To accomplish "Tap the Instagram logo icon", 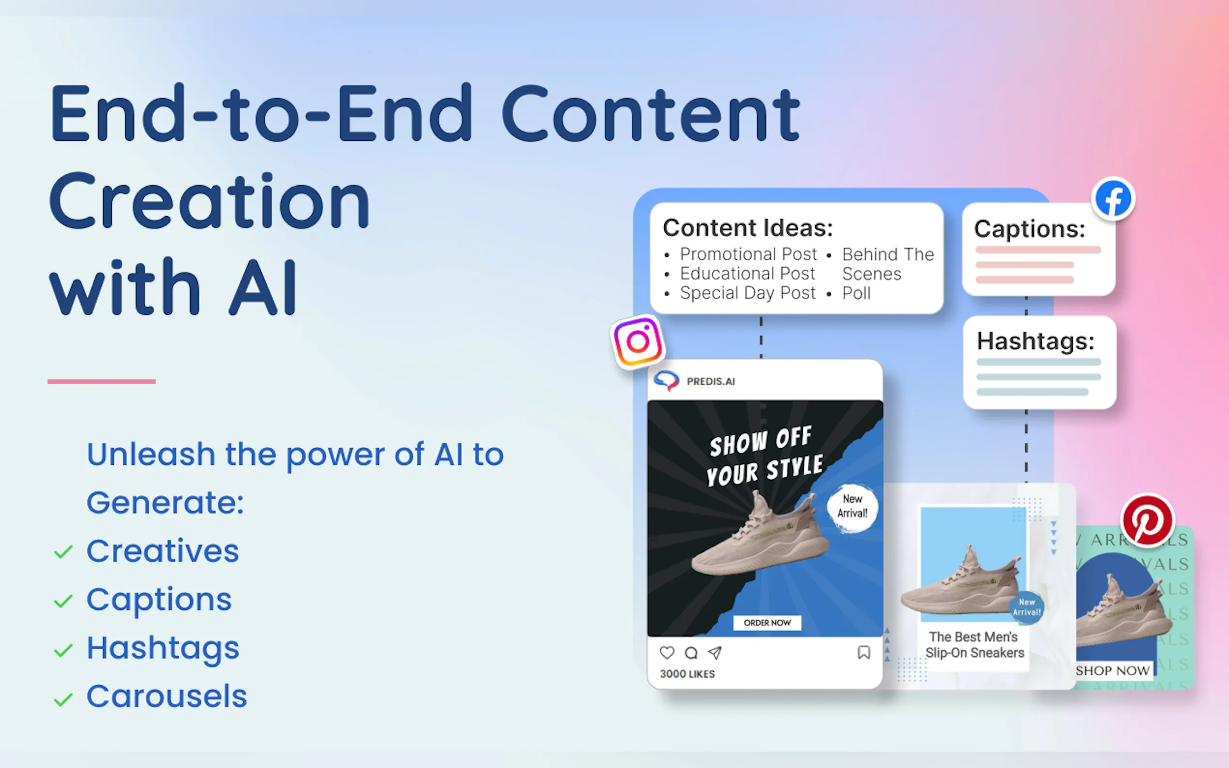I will click(638, 341).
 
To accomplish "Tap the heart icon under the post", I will click(667, 653).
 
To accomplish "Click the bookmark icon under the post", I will click(864, 653).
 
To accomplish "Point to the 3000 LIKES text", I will click(687, 674).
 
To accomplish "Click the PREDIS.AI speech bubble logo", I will click(666, 381).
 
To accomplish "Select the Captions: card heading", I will click(1029, 229).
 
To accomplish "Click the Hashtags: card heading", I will click(1035, 341).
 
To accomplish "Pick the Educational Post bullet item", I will click(747, 274).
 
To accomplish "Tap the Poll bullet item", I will click(856, 293).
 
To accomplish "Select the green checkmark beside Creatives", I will click(63, 552).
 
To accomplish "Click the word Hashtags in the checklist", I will click(163, 648).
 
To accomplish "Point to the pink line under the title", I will click(102, 382).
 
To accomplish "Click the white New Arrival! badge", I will click(852, 506).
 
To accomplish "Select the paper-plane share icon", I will click(715, 653).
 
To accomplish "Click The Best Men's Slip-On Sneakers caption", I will click(974, 645).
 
